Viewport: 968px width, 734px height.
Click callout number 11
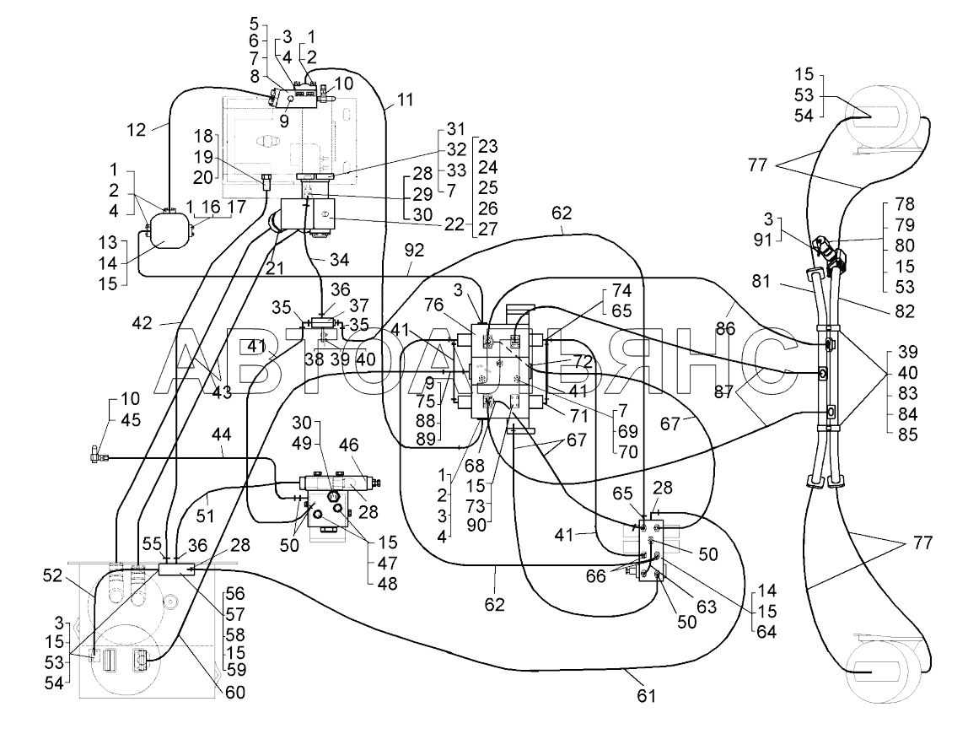point(405,100)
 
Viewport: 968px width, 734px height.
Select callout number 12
point(137,130)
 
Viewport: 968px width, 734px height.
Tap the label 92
point(414,251)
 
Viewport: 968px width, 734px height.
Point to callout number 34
point(339,260)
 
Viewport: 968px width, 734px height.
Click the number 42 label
point(142,322)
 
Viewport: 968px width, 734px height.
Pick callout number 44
point(221,434)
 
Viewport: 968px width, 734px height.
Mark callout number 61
point(646,696)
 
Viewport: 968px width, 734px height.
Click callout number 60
point(234,693)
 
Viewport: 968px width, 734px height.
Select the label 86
point(726,328)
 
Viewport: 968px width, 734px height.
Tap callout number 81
point(761,281)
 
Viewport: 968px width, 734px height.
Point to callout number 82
point(904,310)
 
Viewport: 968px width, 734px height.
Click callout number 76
point(433,305)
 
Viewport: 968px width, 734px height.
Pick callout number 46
point(349,445)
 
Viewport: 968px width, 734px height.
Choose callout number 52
point(52,575)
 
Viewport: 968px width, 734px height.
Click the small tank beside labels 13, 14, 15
point(167,229)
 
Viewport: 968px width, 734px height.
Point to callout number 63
point(707,606)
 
